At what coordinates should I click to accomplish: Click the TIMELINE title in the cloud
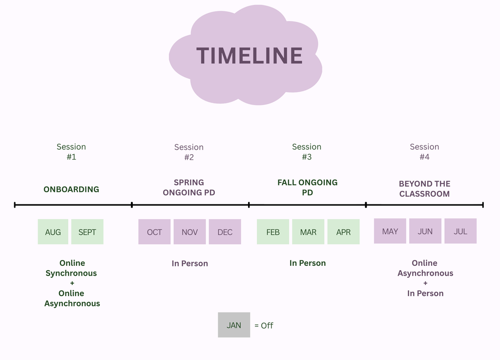click(x=250, y=56)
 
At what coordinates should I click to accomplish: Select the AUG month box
click(x=53, y=232)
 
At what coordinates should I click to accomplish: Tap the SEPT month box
click(x=87, y=232)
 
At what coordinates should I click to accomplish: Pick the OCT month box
click(x=154, y=232)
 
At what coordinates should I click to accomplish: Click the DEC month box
click(x=225, y=232)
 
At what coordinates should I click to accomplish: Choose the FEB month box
click(x=273, y=232)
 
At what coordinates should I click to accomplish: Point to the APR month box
click(x=343, y=232)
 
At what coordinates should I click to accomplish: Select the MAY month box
click(x=390, y=231)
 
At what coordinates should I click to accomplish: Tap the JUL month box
click(x=460, y=231)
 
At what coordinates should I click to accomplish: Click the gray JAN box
click(x=234, y=325)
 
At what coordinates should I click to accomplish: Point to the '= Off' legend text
click(x=264, y=325)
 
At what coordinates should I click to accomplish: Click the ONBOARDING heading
click(x=71, y=189)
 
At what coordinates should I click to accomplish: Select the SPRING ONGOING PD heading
click(x=189, y=187)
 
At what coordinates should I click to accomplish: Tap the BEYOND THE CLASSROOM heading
click(x=424, y=189)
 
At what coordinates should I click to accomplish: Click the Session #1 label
click(x=71, y=152)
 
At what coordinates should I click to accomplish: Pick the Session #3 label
click(x=307, y=152)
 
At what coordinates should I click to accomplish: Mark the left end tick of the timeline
click(x=15, y=205)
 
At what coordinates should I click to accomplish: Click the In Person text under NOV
click(x=190, y=263)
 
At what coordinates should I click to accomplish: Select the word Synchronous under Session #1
click(x=71, y=273)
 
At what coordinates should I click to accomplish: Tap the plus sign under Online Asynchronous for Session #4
click(x=425, y=283)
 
